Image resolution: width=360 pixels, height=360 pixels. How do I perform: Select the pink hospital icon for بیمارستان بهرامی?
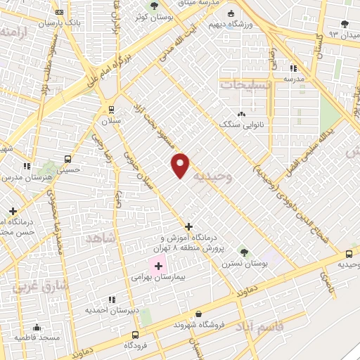[x=158, y=266]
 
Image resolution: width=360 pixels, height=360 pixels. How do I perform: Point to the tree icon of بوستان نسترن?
[x=244, y=252]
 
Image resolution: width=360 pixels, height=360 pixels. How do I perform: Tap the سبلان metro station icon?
[x=110, y=110]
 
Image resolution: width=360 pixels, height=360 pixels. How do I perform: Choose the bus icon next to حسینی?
[x=67, y=159]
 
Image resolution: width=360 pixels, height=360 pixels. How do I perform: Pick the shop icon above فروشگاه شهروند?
[x=199, y=314]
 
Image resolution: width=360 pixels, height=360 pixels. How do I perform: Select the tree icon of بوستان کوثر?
[x=154, y=6]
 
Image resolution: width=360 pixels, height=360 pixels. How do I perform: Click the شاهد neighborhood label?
[x=99, y=239]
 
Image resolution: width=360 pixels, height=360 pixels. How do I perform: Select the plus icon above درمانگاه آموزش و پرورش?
[x=188, y=226]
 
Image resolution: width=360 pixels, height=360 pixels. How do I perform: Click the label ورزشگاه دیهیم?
[x=229, y=23]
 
